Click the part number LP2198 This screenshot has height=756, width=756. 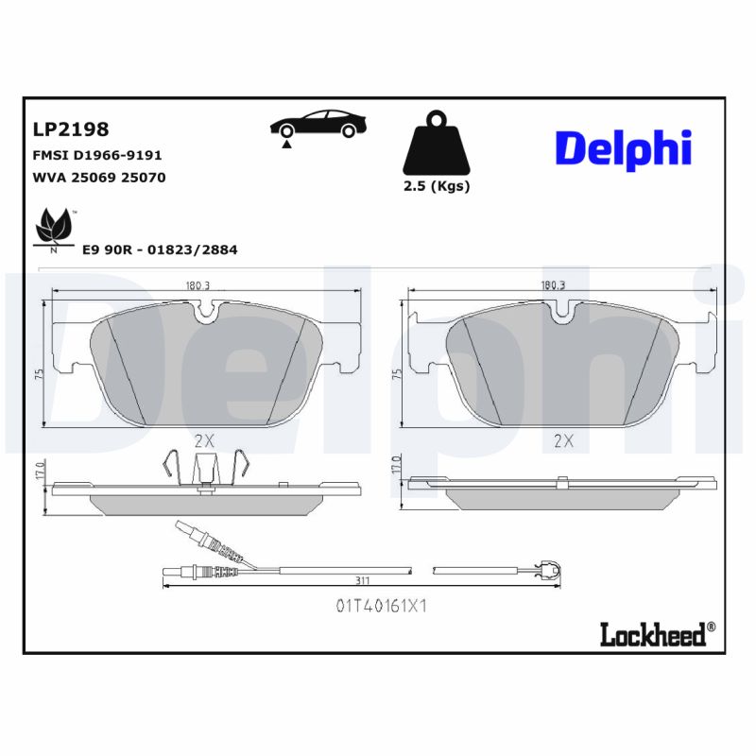[71, 129]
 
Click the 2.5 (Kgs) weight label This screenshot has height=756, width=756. [436, 185]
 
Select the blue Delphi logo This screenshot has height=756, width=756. [623, 150]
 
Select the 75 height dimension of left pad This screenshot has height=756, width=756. [40, 374]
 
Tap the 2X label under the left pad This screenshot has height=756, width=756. [204, 439]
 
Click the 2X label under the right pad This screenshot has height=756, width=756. [564, 440]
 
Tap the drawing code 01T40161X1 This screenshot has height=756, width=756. [381, 606]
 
